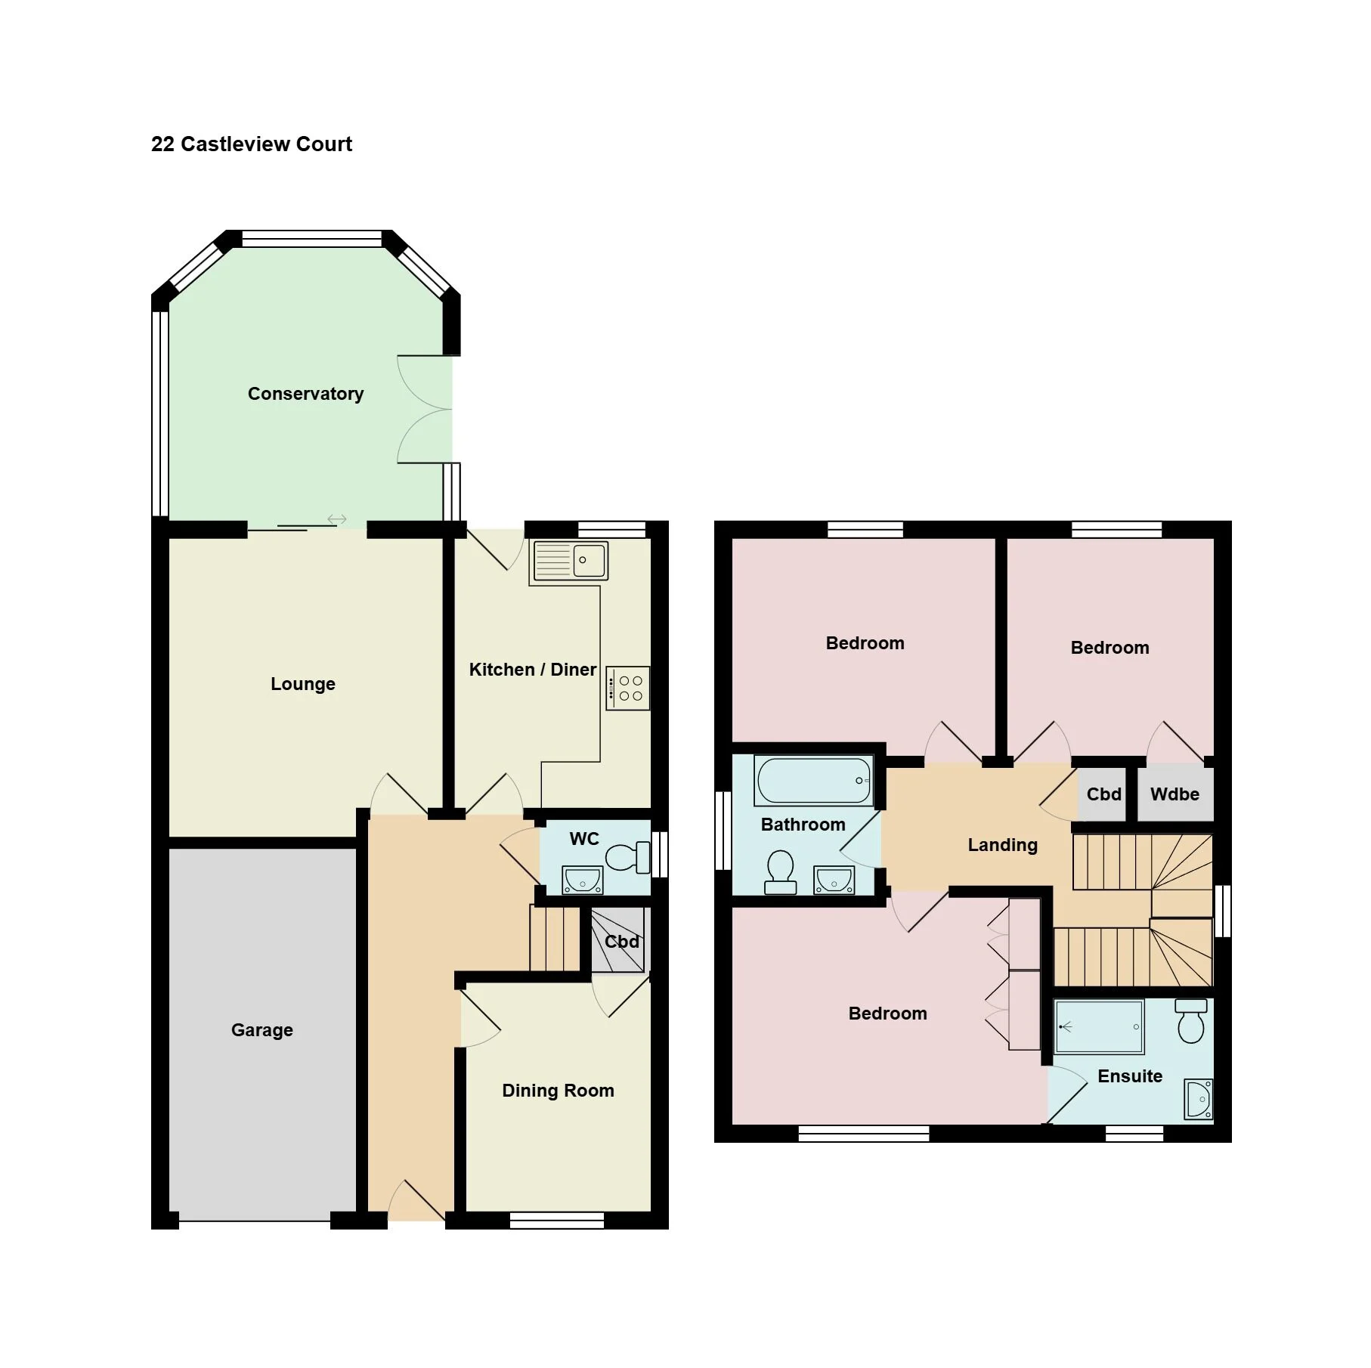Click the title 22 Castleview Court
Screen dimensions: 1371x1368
point(252,144)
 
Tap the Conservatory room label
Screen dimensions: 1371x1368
point(306,394)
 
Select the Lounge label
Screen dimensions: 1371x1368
point(303,684)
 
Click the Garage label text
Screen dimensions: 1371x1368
point(262,1030)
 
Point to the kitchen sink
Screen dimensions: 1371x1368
point(571,561)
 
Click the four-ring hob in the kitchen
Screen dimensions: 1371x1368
point(627,688)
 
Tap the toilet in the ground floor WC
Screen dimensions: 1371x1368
point(628,857)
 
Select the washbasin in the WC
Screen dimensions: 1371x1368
point(583,880)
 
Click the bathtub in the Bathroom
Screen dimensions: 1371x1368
point(814,780)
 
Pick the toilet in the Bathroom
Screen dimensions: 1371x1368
point(781,872)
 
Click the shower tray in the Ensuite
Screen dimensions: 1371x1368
point(1099,1027)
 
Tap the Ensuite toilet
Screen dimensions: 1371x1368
point(1192,1021)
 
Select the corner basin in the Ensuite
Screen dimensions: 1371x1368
point(1199,1099)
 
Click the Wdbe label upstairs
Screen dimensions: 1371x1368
point(1175,794)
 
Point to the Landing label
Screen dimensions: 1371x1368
point(1003,845)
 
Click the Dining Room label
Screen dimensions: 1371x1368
point(559,1091)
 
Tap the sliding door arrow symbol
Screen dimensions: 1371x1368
point(337,519)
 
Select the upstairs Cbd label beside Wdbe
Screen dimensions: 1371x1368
point(1104,794)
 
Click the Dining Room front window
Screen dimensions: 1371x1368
point(557,1220)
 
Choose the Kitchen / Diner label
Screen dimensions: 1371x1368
point(533,670)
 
